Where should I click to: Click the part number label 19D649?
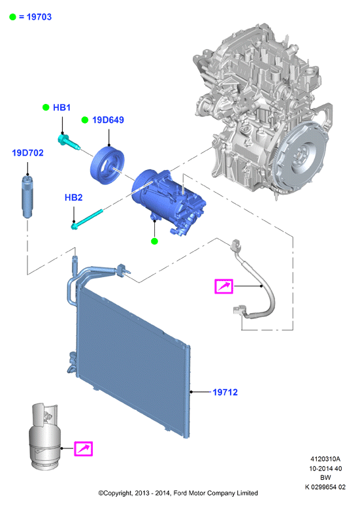[x=108, y=120]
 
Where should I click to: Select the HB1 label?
[x=61, y=107]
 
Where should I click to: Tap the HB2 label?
[x=74, y=197]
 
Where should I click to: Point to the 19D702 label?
[x=27, y=152]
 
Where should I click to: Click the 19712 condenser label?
[x=225, y=392]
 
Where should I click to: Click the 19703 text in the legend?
[x=39, y=17]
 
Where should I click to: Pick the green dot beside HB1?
[x=46, y=107]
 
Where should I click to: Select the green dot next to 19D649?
[x=85, y=120]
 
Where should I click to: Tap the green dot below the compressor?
[x=154, y=241]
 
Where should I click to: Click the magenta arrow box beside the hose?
[x=224, y=286]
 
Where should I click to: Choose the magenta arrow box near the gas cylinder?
[x=84, y=449]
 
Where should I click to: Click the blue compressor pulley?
[x=106, y=165]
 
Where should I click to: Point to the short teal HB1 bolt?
[x=69, y=142]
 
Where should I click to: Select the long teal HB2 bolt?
[x=87, y=220]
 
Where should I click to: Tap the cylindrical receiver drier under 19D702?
[x=27, y=196]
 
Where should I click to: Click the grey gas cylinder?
[x=44, y=436]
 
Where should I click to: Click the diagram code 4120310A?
[x=325, y=459]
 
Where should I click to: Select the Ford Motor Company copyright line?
[x=178, y=493]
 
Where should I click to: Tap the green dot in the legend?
[x=12, y=17]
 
